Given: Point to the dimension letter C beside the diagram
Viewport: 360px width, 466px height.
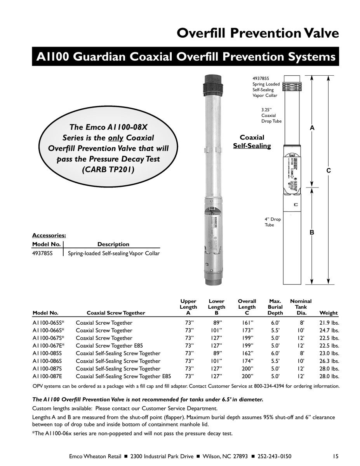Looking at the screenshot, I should pos(328,170).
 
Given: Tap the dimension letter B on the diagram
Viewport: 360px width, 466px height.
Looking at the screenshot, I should pos(311,232).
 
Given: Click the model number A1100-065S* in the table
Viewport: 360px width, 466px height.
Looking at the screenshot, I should pos(48,323).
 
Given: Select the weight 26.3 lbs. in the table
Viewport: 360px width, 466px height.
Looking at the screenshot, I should pos(329,361).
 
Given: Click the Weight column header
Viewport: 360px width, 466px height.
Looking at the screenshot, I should pos(328,313).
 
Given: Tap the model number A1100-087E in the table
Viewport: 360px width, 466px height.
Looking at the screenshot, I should pos(47,376).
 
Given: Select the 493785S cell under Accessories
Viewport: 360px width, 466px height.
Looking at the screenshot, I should pos(42,254).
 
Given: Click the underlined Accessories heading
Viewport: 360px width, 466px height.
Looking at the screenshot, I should pos(49,235).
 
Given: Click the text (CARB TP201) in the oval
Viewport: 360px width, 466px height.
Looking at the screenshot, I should pos(108,170).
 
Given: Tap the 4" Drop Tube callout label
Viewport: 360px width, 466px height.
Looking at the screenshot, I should pos(273,222).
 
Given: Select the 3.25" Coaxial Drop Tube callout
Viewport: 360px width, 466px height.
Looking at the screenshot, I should pos(271,115).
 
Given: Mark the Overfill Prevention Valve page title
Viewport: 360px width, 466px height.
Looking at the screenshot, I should pos(257,33).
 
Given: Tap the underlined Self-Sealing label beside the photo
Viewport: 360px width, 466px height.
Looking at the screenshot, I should pos(252,146).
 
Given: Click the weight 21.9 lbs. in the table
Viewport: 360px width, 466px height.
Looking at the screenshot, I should pos(329,323).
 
